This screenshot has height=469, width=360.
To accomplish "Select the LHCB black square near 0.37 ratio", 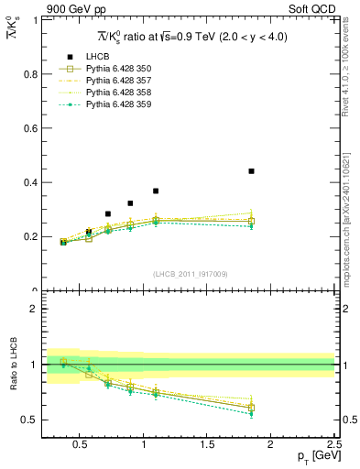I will (156, 191).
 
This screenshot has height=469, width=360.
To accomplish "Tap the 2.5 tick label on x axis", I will (333, 446).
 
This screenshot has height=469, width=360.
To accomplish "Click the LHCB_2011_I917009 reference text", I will (190, 273).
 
